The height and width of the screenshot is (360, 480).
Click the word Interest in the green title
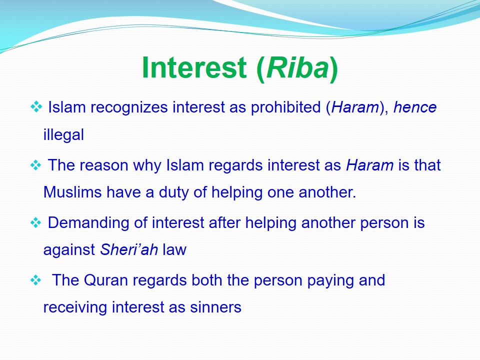coord(194,67)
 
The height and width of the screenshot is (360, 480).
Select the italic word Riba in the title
coord(297,67)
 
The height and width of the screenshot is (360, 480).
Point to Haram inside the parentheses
coord(355,107)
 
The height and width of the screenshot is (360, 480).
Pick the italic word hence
coord(415,107)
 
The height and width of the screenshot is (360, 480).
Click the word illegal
coord(63,134)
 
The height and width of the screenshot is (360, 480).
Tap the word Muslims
coord(72,192)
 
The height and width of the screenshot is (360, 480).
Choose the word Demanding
coord(88,223)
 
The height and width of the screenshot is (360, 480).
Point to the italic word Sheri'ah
coord(129,249)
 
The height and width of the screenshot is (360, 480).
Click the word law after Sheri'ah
coord(174,249)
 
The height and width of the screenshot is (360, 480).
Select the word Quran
coord(105,280)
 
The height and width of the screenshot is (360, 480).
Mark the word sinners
coord(215,307)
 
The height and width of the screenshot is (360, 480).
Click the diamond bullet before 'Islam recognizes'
coord(36,107)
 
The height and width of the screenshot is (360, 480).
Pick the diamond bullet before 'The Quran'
coord(36,280)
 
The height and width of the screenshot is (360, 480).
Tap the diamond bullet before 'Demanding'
coord(36,222)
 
